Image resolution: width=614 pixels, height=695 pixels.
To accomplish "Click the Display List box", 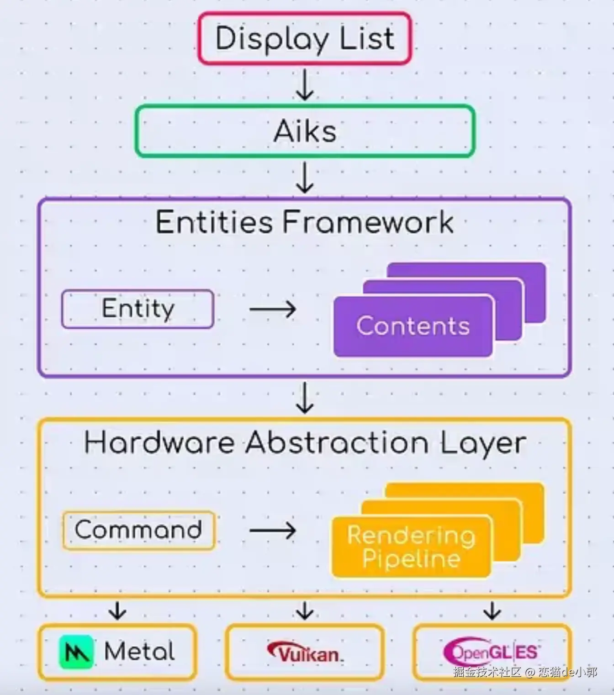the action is pyautogui.click(x=305, y=38).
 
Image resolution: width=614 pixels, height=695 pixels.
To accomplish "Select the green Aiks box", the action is pyautogui.click(x=305, y=131).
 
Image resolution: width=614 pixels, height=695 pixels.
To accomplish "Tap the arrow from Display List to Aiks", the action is pyautogui.click(x=305, y=84).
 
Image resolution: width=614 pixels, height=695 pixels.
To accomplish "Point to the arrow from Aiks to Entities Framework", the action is pyautogui.click(x=305, y=177).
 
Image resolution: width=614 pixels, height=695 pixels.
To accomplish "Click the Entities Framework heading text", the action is pyautogui.click(x=305, y=222).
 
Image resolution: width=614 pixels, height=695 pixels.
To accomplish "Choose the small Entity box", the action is pyautogui.click(x=138, y=309).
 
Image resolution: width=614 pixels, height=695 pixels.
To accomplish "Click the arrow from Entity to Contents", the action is pyautogui.click(x=273, y=309).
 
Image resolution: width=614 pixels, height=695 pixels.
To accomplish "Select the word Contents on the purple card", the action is pyautogui.click(x=413, y=326).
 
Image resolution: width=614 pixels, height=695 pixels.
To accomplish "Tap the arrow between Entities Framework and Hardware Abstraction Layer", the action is pyautogui.click(x=305, y=398).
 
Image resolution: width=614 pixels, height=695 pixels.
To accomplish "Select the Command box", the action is pyautogui.click(x=139, y=530).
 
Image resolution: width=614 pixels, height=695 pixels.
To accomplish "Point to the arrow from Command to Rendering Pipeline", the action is pyautogui.click(x=273, y=530).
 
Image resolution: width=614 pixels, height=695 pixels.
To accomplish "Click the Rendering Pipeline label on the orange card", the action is pyautogui.click(x=411, y=547).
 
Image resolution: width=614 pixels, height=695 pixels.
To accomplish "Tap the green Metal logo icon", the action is pyautogui.click(x=76, y=652).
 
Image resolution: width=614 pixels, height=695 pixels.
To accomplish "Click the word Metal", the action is pyautogui.click(x=140, y=651).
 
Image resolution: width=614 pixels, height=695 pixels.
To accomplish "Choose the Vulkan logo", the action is pyautogui.click(x=305, y=652).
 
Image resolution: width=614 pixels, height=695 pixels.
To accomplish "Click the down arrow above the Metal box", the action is pyautogui.click(x=118, y=610).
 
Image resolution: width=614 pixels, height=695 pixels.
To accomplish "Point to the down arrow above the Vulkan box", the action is pyautogui.click(x=305, y=610).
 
